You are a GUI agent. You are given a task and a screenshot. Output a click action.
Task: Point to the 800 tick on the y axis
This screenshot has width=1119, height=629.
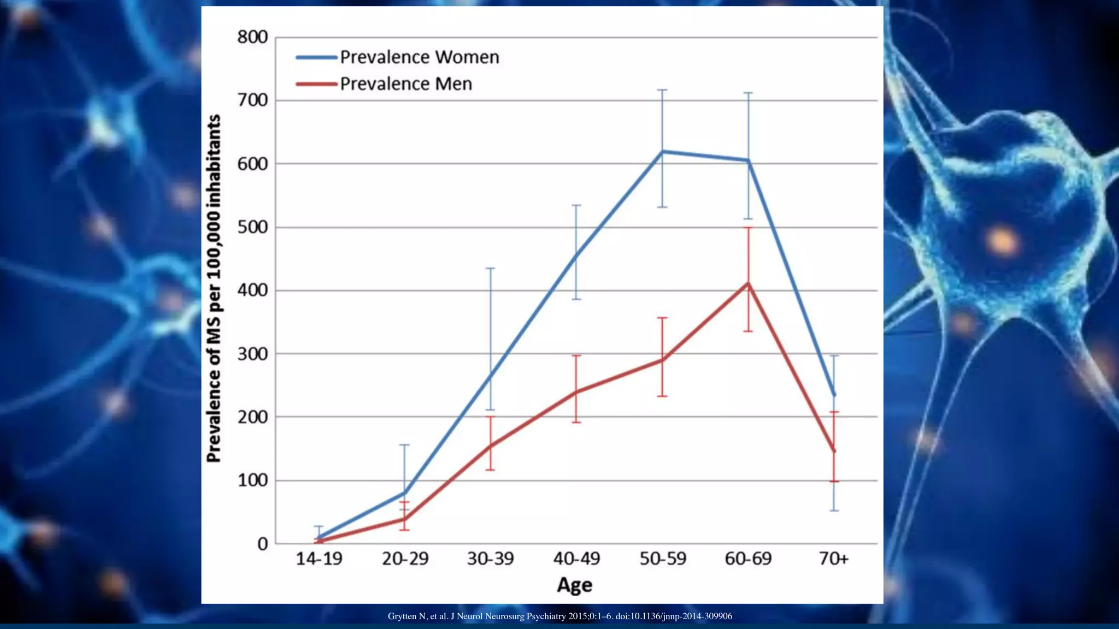(252, 37)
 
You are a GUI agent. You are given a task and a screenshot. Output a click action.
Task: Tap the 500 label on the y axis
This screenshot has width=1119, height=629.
(252, 227)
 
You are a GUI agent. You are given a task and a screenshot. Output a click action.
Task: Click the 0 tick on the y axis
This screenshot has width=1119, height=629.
(263, 544)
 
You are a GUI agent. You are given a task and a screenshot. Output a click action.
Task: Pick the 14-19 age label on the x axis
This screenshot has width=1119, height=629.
(319, 559)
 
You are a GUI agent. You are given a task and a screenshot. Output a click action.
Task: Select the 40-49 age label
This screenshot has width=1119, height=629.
(576, 559)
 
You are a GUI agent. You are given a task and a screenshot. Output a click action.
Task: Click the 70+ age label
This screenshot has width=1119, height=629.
(834, 559)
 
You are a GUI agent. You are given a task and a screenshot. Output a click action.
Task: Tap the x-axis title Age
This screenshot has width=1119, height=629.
(575, 585)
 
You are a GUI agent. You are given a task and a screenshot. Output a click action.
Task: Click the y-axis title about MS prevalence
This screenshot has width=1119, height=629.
(214, 288)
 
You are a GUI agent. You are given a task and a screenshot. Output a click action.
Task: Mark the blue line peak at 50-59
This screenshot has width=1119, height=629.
(662, 151)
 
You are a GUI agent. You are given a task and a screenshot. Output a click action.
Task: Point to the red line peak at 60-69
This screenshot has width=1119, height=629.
(748, 283)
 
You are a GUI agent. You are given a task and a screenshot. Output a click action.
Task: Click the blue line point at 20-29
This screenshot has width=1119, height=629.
(405, 492)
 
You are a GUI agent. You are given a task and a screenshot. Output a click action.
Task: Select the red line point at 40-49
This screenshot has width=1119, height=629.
(576, 392)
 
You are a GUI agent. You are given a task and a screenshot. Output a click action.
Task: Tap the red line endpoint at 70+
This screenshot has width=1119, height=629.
(834, 451)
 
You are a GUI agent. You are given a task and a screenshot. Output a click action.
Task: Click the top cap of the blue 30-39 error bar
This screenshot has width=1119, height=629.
(491, 268)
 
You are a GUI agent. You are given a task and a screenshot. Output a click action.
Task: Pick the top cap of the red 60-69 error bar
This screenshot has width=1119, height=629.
(748, 228)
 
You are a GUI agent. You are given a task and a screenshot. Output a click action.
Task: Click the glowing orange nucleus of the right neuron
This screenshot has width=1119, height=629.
(1002, 241)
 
